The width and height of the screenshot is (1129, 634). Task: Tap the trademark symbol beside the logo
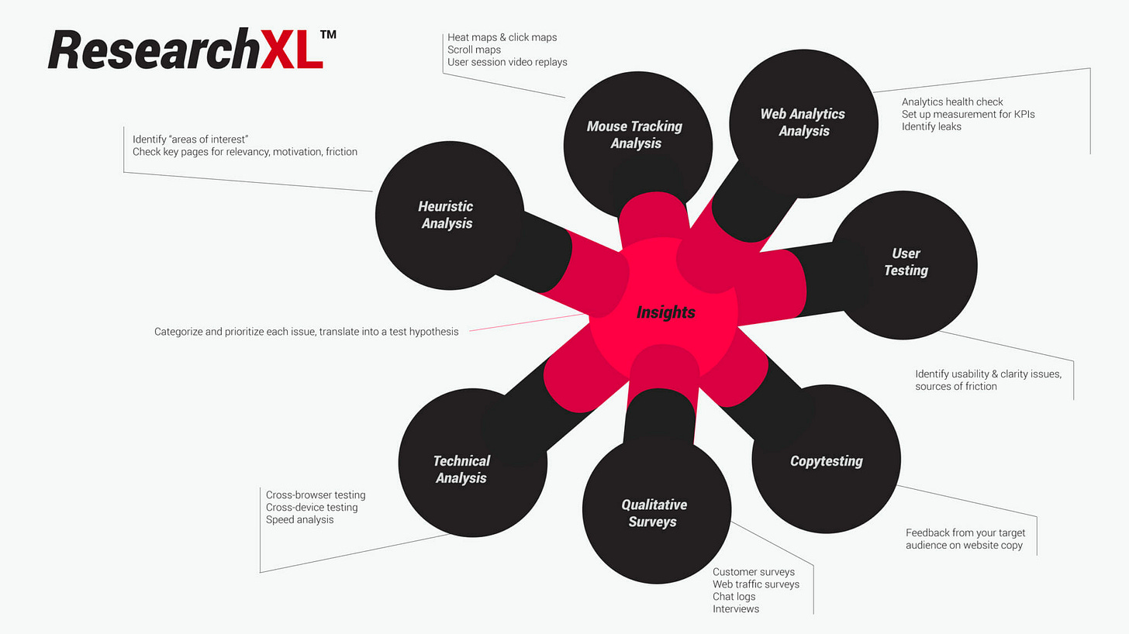coord(328,35)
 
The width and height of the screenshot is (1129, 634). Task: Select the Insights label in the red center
coord(665,312)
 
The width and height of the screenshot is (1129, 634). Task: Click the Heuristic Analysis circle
coord(447,215)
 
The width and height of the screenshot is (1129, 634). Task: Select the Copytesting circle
coord(826,461)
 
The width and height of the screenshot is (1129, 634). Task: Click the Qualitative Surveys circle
coord(654,513)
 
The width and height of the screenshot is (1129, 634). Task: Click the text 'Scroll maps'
coord(474,50)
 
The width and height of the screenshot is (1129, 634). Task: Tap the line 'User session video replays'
coord(507,62)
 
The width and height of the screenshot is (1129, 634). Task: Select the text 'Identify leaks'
coord(931,126)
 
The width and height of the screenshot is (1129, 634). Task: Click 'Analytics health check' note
coord(952,102)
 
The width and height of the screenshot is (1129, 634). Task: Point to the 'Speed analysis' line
coord(299,519)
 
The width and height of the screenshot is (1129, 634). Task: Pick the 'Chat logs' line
coord(734,597)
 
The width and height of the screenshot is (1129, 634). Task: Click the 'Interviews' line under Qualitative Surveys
coord(736,609)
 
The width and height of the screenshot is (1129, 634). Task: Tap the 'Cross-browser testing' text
coord(316,494)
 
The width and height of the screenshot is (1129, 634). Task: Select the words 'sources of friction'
coord(955,386)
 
